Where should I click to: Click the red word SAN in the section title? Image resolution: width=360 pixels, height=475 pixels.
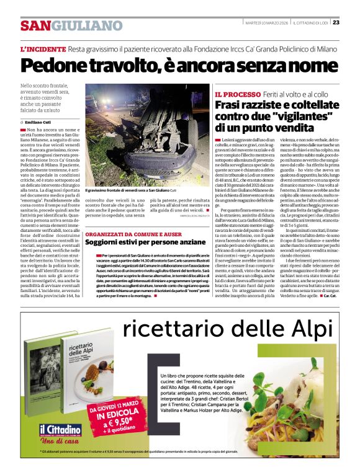[35, 25]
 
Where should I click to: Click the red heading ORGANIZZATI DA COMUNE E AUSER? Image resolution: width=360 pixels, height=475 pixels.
[133, 234]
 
